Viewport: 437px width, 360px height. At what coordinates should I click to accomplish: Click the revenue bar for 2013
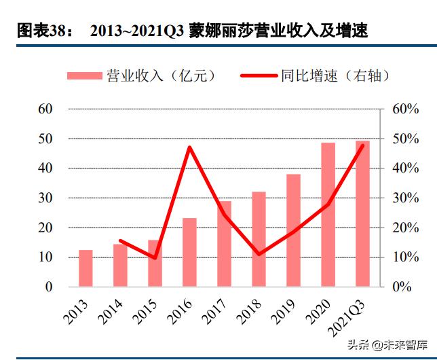(x=85, y=268)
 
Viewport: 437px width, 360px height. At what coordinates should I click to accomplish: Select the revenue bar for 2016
(x=189, y=252)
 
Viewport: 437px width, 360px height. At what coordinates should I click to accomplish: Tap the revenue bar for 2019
(x=293, y=230)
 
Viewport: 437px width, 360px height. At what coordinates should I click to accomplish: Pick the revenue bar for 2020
(x=328, y=215)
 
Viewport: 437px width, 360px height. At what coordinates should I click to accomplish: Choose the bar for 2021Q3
(x=363, y=213)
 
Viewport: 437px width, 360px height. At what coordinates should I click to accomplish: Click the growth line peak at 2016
(x=189, y=147)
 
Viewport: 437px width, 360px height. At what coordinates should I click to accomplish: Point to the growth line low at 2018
(x=259, y=254)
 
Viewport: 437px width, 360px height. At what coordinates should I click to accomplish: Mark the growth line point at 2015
(x=155, y=258)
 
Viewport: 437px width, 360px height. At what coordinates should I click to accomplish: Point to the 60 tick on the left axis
(x=45, y=109)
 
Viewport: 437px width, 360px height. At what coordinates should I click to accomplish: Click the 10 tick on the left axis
(x=45, y=257)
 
